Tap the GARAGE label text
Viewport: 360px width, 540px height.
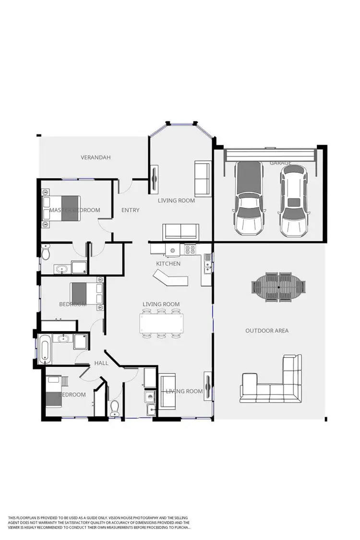click(280, 163)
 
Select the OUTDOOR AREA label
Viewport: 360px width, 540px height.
click(267, 331)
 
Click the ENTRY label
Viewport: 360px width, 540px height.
click(130, 210)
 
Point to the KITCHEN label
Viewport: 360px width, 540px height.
click(168, 264)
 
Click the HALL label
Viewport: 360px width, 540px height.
click(101, 363)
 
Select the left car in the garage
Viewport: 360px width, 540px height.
click(249, 197)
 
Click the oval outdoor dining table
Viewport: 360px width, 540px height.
click(279, 287)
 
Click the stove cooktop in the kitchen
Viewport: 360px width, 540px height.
click(190, 250)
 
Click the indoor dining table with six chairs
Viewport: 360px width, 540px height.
click(161, 323)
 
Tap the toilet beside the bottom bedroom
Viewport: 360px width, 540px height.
click(115, 408)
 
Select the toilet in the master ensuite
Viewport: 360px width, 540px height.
click(46, 252)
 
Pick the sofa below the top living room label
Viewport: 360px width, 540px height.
click(180, 232)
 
